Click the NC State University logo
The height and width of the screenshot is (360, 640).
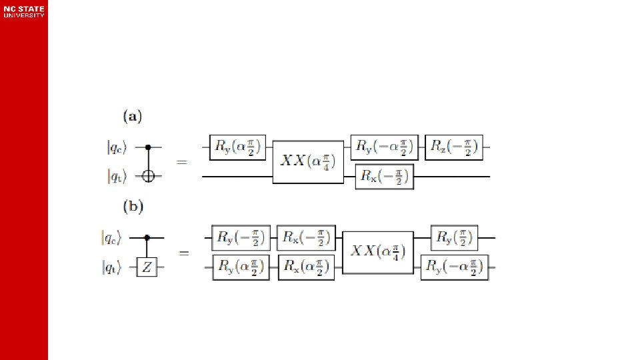pyautogui.click(x=24, y=12)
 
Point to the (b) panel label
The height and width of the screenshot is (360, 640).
pyautogui.click(x=133, y=207)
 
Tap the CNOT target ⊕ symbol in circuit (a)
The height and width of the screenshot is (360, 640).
pyautogui.click(x=148, y=176)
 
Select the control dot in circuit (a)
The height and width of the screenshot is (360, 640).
pyautogui.click(x=148, y=147)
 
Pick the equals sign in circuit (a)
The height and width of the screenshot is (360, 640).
pyautogui.click(x=182, y=161)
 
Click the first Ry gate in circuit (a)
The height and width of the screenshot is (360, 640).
pyautogui.click(x=238, y=147)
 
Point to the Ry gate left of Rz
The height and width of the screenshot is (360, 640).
pyautogui.click(x=384, y=146)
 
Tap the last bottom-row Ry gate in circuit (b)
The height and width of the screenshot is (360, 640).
pyautogui.click(x=455, y=267)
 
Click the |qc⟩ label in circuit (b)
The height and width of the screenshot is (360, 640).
pyautogui.click(x=111, y=237)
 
